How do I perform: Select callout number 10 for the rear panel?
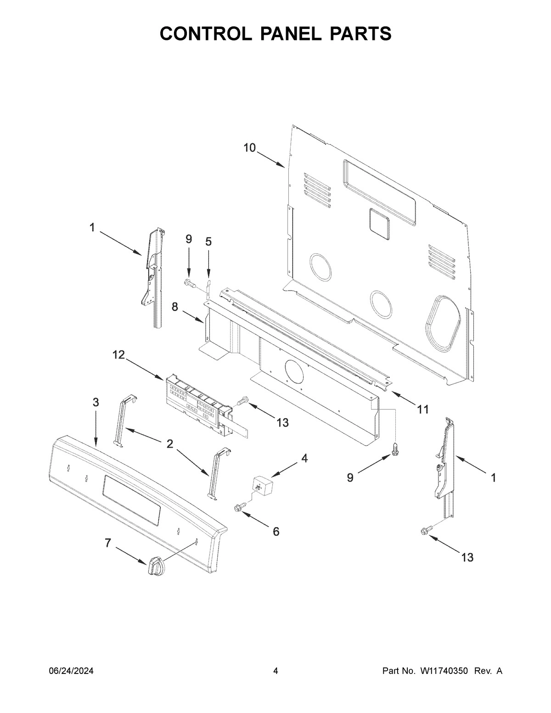249,147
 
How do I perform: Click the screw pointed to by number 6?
239,507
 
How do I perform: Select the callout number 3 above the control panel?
96,402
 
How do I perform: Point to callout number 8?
175,307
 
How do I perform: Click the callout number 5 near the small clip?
208,241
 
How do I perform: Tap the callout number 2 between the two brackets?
170,444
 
